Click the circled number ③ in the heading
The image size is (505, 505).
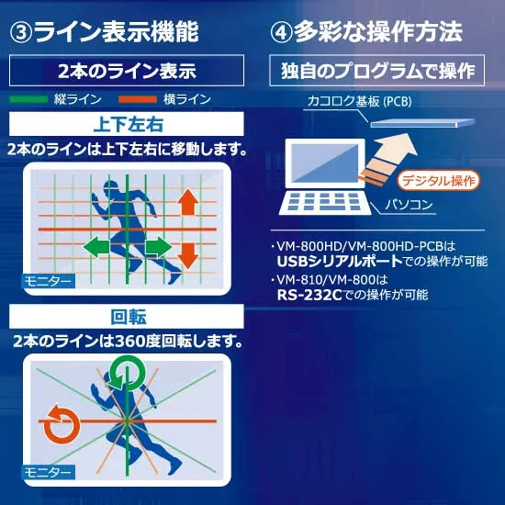(x=21, y=32)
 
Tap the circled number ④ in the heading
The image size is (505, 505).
(x=282, y=32)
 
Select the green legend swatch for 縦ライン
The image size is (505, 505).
(x=28, y=99)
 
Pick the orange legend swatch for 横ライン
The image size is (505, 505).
(x=138, y=99)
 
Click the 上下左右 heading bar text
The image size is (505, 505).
(x=129, y=124)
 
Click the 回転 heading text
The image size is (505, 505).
(x=129, y=317)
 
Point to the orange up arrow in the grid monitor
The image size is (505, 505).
(x=188, y=202)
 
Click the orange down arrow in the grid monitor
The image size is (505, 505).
(x=188, y=256)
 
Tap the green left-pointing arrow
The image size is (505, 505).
(x=96, y=247)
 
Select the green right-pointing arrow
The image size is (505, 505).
(x=159, y=247)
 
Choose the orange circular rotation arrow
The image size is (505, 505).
(x=62, y=424)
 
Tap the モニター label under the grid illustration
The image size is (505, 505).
(x=49, y=282)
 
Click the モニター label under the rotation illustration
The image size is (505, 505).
(x=49, y=473)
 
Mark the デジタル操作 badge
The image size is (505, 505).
(x=439, y=180)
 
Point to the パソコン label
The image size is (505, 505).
(x=409, y=205)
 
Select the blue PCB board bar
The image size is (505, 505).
(x=422, y=123)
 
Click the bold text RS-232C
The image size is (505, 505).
(x=309, y=295)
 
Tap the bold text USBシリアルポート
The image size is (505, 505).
(x=340, y=261)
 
